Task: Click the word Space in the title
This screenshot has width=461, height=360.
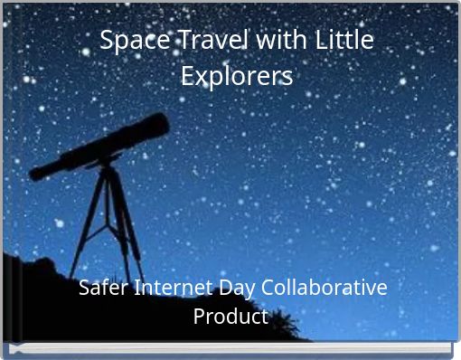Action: tap(126, 42)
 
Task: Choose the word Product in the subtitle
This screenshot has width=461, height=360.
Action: tap(230, 317)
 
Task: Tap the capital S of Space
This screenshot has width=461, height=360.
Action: tap(106, 42)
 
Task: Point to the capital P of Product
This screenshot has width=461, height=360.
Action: tap(200, 317)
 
